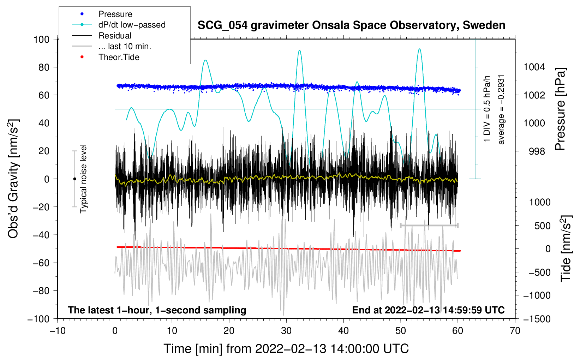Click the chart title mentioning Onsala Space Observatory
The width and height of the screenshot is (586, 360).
[351, 25]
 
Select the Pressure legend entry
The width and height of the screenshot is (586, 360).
[115, 14]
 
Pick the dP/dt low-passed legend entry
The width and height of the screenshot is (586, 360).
[132, 25]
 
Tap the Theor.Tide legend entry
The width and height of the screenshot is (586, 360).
[119, 57]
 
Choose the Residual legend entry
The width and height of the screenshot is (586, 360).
[115, 36]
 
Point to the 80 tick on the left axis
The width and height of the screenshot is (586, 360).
[44, 67]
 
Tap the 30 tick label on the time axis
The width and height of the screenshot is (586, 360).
[286, 331]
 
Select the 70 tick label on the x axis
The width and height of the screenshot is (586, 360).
[515, 331]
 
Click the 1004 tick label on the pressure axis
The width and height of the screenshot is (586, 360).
[534, 67]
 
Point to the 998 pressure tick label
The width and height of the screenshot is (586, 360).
[537, 151]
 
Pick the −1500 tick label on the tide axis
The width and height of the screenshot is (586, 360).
[537, 319]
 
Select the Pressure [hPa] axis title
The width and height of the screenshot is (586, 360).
[560, 109]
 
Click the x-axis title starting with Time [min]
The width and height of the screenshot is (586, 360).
[286, 349]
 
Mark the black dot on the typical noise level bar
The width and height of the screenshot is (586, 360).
[74, 179]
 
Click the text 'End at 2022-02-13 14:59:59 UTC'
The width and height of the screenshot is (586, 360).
[428, 310]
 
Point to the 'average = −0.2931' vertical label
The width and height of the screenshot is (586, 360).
[501, 109]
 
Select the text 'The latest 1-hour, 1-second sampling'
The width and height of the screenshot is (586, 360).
[157, 310]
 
